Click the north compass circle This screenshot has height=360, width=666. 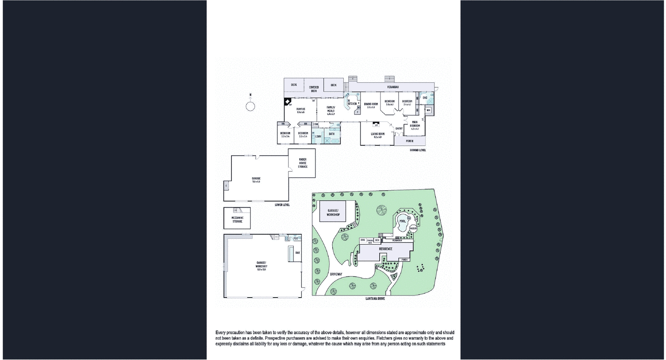[x=250, y=107]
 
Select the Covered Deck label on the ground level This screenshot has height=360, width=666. [x=314, y=89]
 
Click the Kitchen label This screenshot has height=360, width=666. [x=352, y=104]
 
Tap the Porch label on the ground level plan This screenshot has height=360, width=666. [x=410, y=141]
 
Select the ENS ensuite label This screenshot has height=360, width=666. [x=425, y=98]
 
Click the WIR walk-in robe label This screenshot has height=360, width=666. [x=428, y=110]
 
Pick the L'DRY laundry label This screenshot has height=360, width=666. [x=318, y=137]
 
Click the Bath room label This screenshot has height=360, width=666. [x=332, y=134]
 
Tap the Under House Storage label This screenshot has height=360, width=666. [x=303, y=163]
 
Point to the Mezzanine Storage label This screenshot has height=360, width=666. [x=237, y=219]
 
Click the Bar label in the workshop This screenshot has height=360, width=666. [x=298, y=253]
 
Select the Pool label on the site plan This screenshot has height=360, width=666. [x=403, y=221]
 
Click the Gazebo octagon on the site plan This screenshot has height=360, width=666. [x=413, y=229]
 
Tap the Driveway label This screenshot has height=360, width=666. [x=336, y=274]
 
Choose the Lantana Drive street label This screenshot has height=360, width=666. [x=375, y=298]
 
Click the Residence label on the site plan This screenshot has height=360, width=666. [x=385, y=249]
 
